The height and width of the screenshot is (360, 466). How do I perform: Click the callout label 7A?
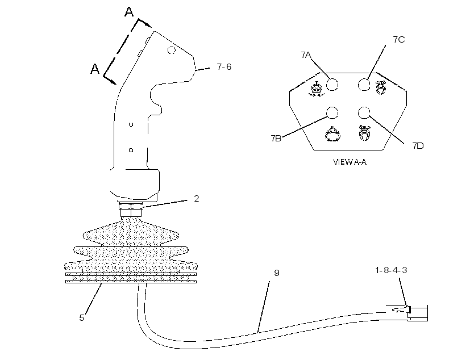(306, 55)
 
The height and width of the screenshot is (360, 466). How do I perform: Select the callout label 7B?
(276, 139)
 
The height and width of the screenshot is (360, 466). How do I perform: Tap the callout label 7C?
(399, 40)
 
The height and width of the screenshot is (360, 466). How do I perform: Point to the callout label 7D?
(418, 145)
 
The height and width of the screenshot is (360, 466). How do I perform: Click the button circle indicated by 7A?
(332, 85)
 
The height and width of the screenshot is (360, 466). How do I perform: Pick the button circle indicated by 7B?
(332, 113)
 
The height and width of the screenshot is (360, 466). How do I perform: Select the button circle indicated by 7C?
(364, 85)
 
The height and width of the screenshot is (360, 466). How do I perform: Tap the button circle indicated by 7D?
(364, 113)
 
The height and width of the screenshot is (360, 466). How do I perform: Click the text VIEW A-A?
(349, 162)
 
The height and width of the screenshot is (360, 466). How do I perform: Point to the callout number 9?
(276, 273)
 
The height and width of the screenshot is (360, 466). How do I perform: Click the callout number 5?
(82, 318)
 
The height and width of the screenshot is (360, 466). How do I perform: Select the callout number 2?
(197, 198)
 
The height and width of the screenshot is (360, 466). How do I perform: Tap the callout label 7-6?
(224, 67)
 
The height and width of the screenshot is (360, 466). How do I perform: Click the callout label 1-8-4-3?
(391, 270)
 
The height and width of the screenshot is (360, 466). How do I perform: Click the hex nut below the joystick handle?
(131, 210)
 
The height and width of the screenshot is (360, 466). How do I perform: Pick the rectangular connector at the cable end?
(418, 313)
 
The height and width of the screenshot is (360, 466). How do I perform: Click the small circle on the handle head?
(172, 50)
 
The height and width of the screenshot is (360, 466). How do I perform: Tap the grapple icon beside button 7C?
(380, 87)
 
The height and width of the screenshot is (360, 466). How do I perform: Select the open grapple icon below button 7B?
(332, 133)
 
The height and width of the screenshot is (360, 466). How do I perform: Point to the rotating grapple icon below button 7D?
(365, 132)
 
